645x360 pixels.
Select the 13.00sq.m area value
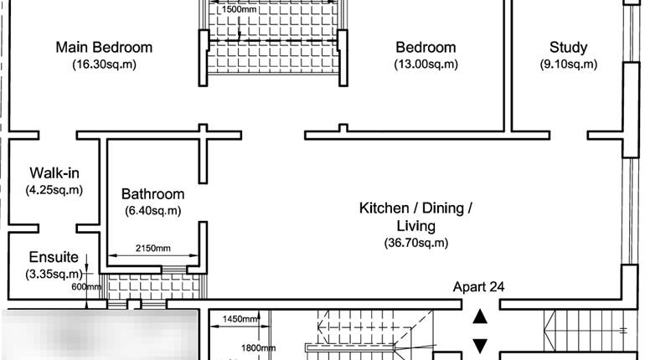click(426, 64)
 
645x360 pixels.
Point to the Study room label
click(568, 47)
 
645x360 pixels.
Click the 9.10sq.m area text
click(568, 64)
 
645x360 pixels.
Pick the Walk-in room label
click(54, 172)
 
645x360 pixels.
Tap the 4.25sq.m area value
click(54, 190)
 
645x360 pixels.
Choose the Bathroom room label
click(152, 193)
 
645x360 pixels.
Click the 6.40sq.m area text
click(152, 211)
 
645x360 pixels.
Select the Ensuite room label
click(54, 257)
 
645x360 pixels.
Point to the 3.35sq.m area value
click(54, 274)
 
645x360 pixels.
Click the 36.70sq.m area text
click(415, 243)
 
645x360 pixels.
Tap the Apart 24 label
click(478, 286)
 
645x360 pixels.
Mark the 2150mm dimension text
click(152, 249)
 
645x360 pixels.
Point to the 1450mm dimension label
click(240, 319)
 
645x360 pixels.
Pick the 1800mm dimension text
click(258, 347)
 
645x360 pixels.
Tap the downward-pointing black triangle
click(480, 344)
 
